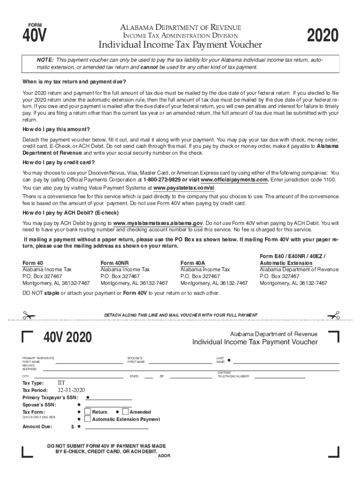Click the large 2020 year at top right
pos(322,36)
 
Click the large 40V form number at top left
pos(35,36)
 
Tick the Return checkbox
pos(87,412)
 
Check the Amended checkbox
pos(125,412)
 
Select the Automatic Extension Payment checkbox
pos(87,419)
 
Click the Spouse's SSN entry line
pos(108,406)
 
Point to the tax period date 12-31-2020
pos(71,390)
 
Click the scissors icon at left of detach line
pos(29,315)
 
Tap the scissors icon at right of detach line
pos(333,315)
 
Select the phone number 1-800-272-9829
pos(162,180)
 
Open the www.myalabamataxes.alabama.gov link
pos(158,223)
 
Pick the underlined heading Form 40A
pos(193,263)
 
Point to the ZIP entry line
pos(187,377)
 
